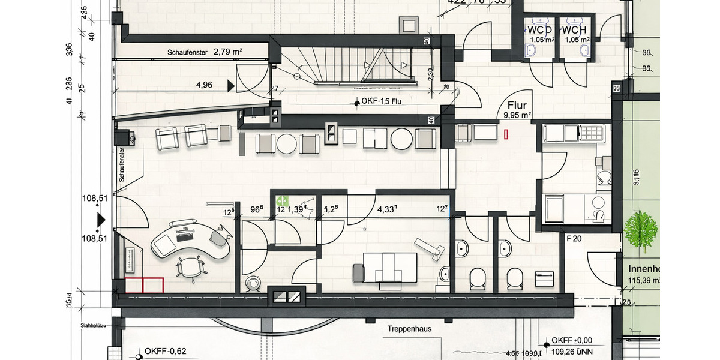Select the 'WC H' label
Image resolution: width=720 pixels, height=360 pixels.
point(575,29)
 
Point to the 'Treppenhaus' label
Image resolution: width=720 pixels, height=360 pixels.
point(409,329)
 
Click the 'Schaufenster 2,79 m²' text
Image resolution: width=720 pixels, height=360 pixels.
point(205,53)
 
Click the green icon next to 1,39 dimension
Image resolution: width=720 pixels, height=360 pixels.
point(282,201)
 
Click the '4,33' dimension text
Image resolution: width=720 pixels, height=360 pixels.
point(387,210)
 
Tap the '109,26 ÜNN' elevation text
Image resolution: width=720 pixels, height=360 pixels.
point(577,353)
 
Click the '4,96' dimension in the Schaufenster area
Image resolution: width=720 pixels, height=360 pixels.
point(204,85)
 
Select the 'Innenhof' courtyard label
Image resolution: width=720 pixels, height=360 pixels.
point(644,269)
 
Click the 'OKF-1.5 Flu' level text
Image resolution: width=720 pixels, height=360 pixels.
point(381,102)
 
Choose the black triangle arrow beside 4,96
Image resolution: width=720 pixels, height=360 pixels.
point(231,86)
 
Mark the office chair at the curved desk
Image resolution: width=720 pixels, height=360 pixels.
point(191,268)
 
